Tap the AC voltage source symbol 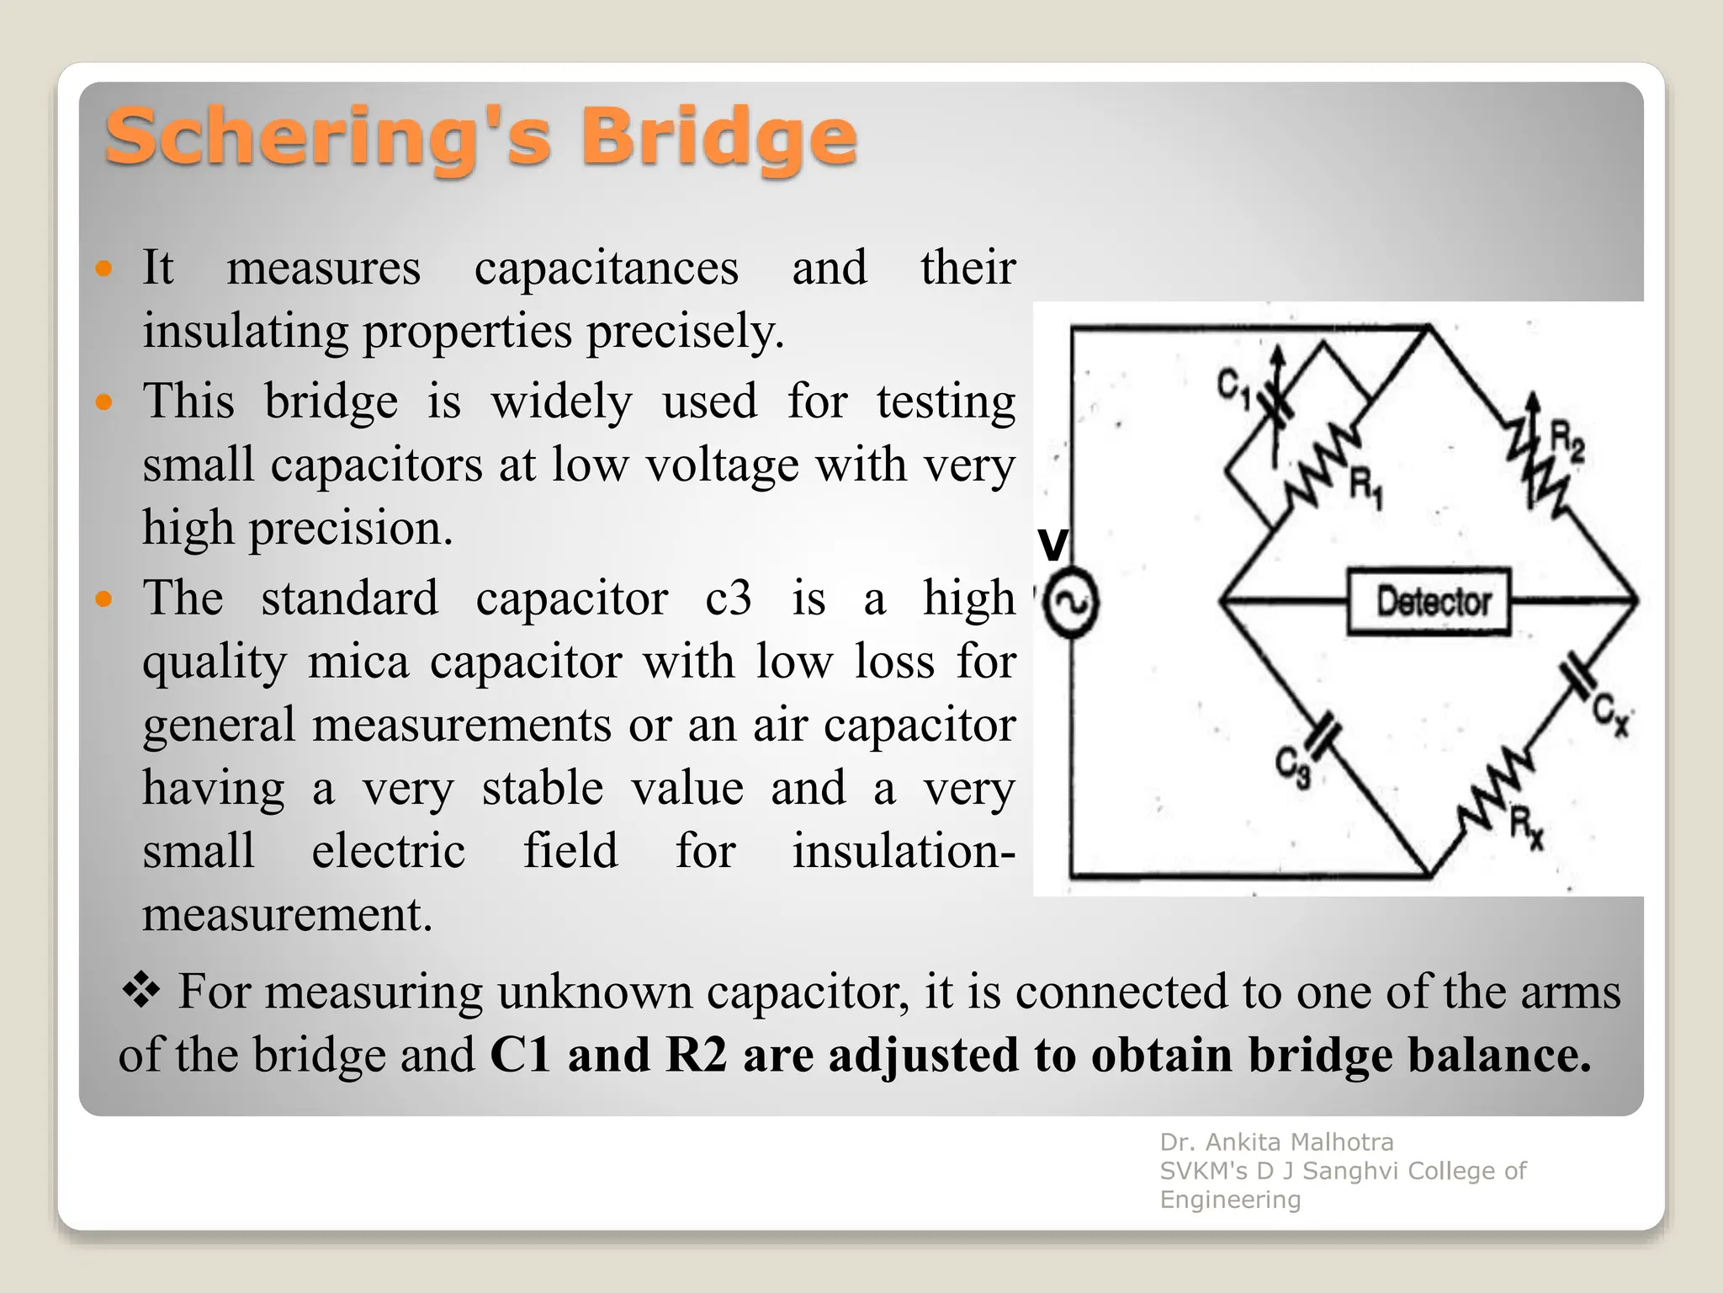[1070, 603]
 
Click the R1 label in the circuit [1365, 488]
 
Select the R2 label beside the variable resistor [1567, 442]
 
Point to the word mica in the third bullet [358, 662]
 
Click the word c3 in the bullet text [729, 599]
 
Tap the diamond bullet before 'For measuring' [140, 990]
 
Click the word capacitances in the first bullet [606, 269]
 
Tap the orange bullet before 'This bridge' [104, 402]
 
